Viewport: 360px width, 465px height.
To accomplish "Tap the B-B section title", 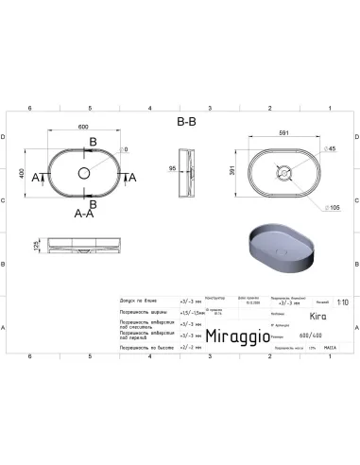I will point(186,122).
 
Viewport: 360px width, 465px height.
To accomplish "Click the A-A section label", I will point(84,214).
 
